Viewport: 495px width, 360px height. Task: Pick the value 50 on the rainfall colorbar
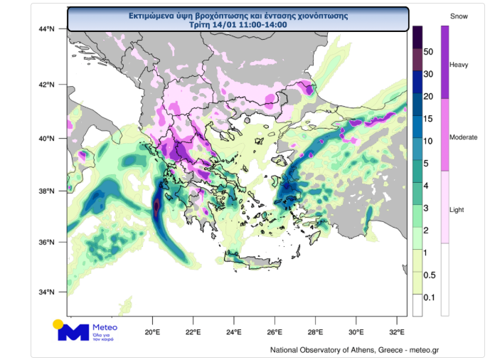coord(428,51)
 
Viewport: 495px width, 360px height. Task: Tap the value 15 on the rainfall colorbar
coord(428,119)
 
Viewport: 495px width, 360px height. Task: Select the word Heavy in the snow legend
coord(459,65)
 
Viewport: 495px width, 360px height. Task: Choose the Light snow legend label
coord(457,210)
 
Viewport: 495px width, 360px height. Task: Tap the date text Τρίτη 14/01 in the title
coord(213,24)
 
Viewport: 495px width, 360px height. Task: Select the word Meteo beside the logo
coord(105,327)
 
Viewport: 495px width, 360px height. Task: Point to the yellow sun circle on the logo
coord(58,324)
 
